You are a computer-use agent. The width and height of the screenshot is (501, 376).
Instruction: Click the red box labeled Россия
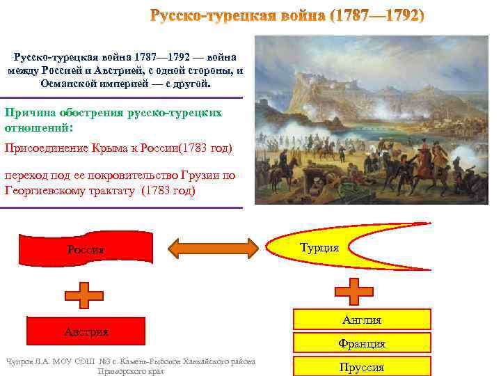(86, 249)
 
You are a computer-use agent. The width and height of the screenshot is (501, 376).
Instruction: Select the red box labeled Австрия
(86, 331)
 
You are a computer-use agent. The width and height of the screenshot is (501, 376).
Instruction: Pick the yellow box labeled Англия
(361, 320)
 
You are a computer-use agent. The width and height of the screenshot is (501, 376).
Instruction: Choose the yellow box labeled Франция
(361, 343)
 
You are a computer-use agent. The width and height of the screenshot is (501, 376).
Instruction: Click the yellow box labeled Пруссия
(361, 366)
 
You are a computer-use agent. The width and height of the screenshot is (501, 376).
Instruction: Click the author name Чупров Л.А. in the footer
(28, 361)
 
